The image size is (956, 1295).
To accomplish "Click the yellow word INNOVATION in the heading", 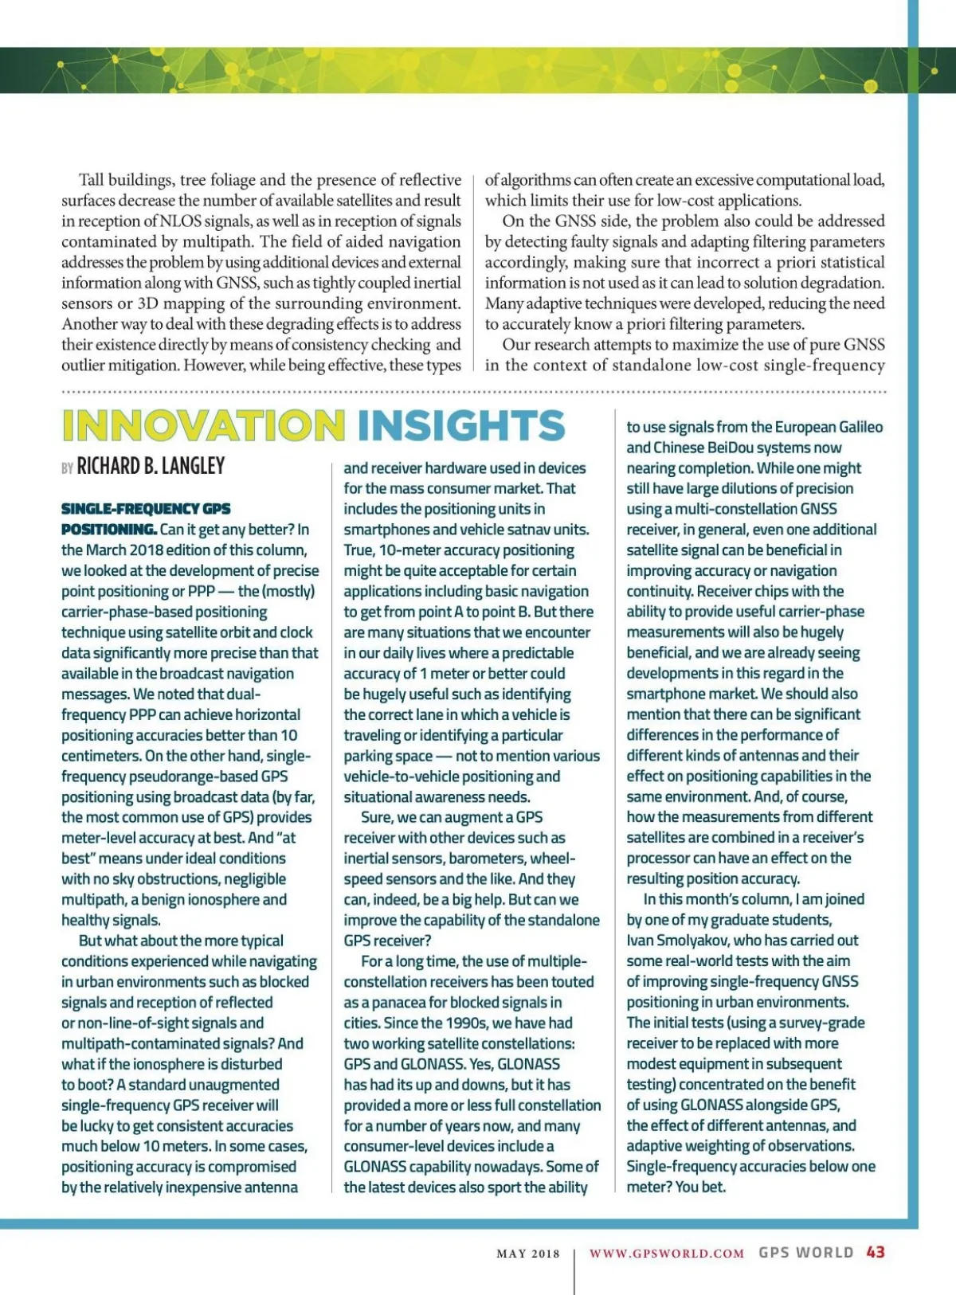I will [203, 425].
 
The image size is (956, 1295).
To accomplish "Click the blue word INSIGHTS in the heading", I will [461, 425].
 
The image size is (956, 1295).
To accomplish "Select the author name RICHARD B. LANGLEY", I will [151, 466].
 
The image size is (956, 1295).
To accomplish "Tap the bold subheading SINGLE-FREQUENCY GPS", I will [146, 509].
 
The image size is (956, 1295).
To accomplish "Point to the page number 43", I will [876, 1252].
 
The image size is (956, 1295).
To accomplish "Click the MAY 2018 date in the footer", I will [527, 1254].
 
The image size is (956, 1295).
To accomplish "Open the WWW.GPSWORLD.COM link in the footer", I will [667, 1254].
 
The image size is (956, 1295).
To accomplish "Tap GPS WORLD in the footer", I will [805, 1253].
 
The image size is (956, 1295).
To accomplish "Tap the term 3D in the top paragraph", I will [148, 303].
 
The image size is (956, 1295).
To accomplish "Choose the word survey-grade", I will [825, 1023].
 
